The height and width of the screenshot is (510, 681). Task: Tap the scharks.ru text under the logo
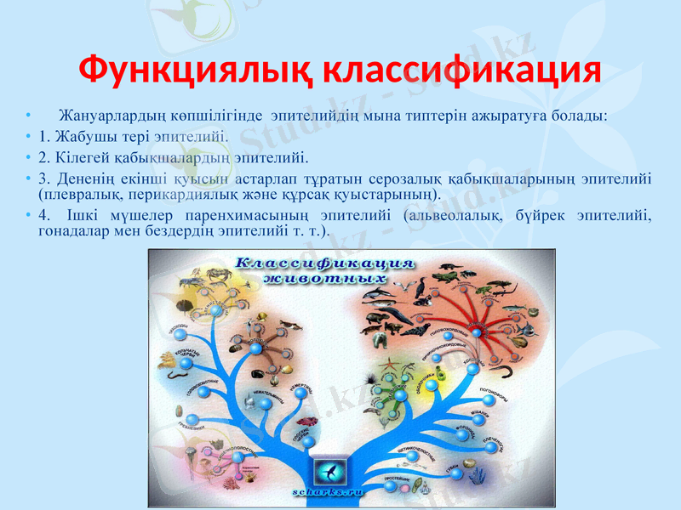coord(329,491)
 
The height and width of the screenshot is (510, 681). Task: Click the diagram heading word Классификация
coord(324,263)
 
